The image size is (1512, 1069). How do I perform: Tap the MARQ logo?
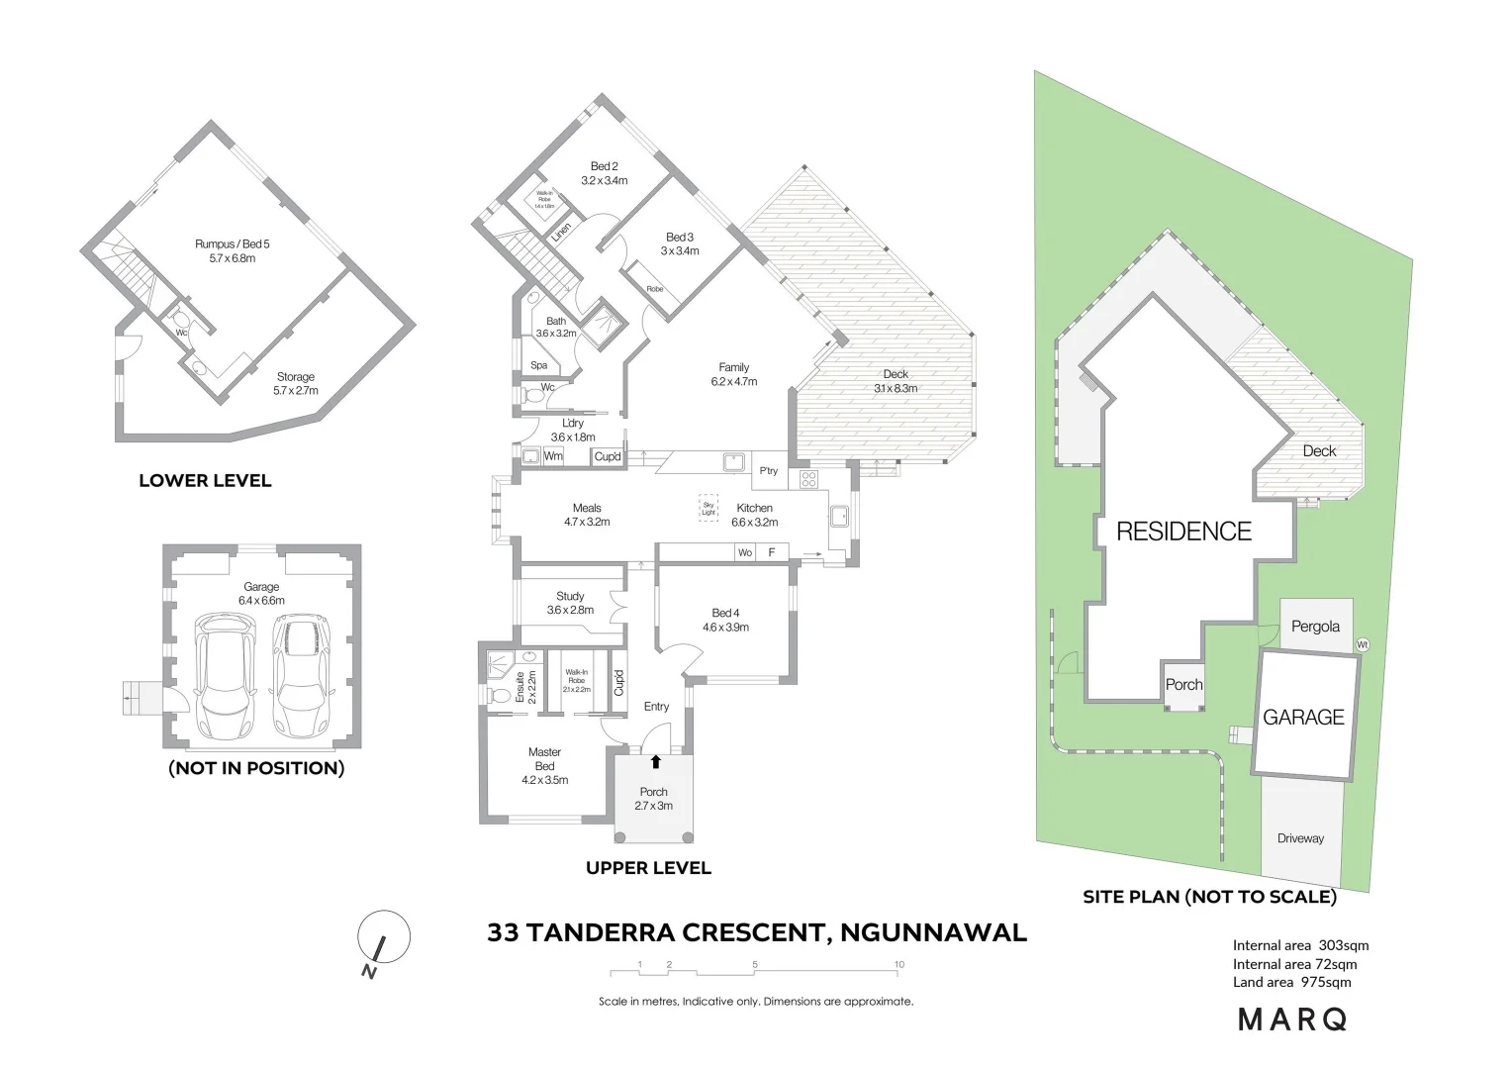[1292, 1020]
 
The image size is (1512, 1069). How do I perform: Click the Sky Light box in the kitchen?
[709, 507]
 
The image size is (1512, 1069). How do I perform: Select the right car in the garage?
[300, 674]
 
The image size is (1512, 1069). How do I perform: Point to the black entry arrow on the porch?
[655, 761]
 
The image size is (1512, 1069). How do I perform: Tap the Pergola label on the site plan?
[1315, 627]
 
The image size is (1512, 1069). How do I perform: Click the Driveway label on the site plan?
[1300, 838]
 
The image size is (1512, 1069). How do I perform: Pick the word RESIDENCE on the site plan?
[1183, 532]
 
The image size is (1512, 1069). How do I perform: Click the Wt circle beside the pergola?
[1363, 644]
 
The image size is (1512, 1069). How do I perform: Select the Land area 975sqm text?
[1291, 982]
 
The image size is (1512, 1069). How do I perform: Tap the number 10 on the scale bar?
[898, 964]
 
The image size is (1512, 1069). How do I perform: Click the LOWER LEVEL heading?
[205, 481]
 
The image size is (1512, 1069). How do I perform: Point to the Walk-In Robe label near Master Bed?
[576, 677]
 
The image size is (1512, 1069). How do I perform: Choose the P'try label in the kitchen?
[768, 471]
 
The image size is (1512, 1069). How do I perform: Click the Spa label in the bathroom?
[539, 365]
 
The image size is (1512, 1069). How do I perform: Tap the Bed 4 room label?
[725, 620]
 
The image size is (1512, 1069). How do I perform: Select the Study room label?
[570, 603]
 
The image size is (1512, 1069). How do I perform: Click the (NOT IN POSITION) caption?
[256, 768]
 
